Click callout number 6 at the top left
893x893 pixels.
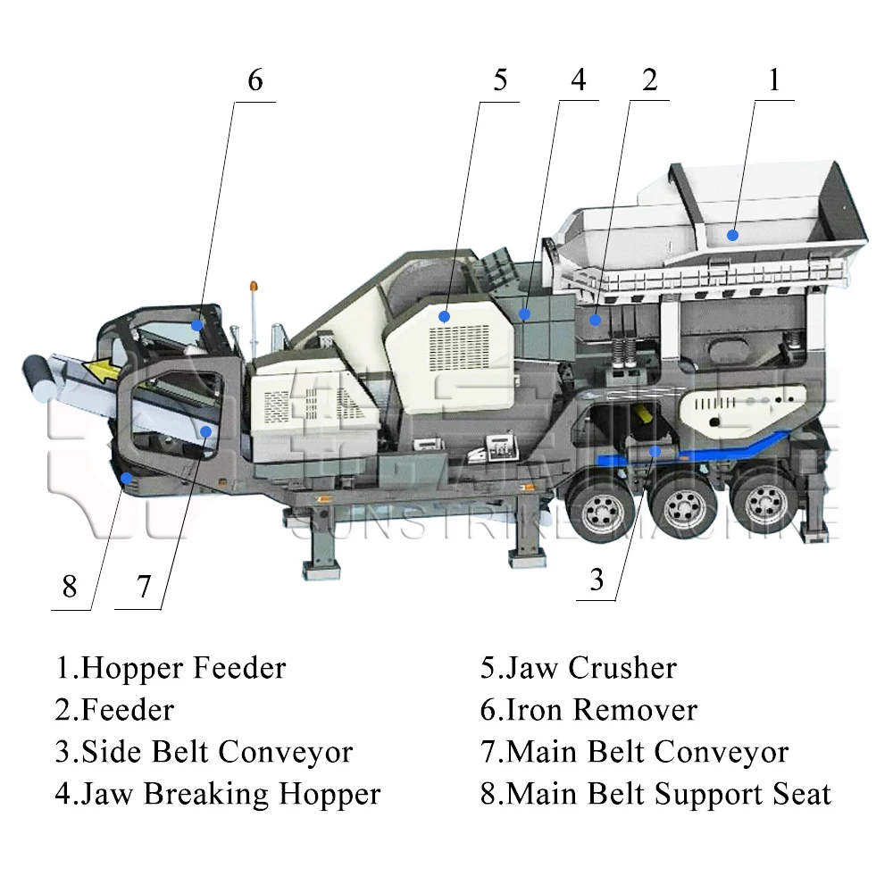pyautogui.click(x=255, y=80)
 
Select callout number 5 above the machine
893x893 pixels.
pyautogui.click(x=500, y=80)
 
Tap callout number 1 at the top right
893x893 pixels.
pyautogui.click(x=774, y=80)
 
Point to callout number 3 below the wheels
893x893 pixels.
pyautogui.click(x=597, y=580)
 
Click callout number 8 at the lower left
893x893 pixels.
pyautogui.click(x=70, y=588)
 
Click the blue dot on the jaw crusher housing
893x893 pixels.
pyautogui.click(x=444, y=316)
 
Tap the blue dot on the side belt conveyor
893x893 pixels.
pyautogui.click(x=655, y=451)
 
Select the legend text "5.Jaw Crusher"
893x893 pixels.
pyautogui.click(x=578, y=668)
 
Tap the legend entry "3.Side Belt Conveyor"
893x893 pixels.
pyautogui.click(x=204, y=752)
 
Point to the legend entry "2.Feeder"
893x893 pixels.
pyautogui.click(x=114, y=710)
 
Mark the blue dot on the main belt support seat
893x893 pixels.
pyautogui.click(x=128, y=479)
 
